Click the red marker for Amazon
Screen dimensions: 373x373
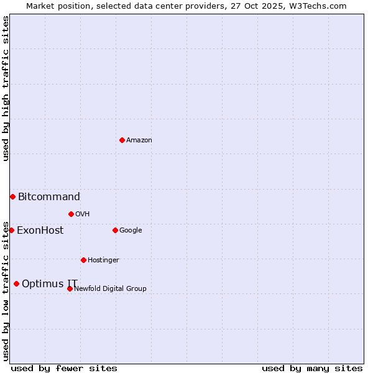(x=122, y=140)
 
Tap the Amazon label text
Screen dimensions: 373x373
(x=139, y=140)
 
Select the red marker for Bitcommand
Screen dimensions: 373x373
(x=12, y=197)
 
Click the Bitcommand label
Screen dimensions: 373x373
(x=49, y=197)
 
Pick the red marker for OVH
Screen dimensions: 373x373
(x=71, y=214)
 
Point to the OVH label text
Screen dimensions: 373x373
(x=83, y=214)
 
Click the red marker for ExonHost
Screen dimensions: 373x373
(x=11, y=231)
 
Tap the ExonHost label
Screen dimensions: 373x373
(x=40, y=231)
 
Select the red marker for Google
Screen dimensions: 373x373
(x=115, y=230)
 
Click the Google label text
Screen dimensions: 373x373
(x=131, y=231)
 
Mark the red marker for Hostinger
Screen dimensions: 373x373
(x=83, y=260)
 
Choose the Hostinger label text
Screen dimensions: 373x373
(x=103, y=260)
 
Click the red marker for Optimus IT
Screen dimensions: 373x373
(x=16, y=284)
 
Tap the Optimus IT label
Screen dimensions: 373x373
(x=50, y=284)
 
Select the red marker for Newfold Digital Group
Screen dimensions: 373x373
(x=70, y=288)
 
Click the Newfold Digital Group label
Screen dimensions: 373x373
(x=111, y=288)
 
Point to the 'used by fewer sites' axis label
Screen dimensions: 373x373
(x=64, y=368)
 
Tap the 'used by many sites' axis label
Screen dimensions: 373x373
(x=312, y=368)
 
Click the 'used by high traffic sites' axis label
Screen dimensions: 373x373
(x=6, y=88)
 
